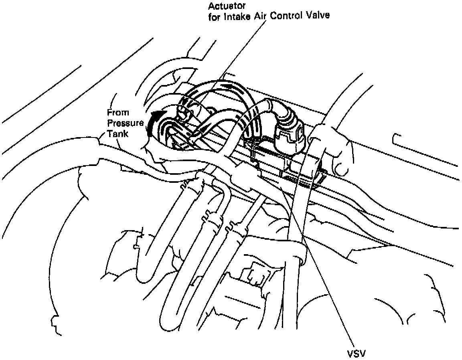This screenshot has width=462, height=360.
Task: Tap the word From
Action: (118, 113)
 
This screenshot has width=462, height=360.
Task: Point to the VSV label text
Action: (357, 353)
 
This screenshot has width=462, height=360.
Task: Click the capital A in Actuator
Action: (211, 6)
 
